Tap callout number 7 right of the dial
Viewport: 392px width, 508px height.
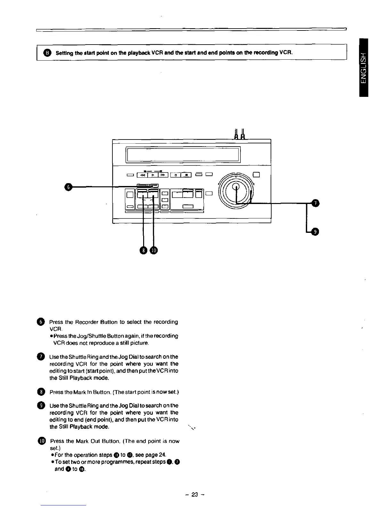tap(315, 203)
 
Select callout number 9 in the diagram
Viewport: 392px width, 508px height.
tap(315, 232)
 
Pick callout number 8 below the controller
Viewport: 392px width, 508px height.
tap(143, 250)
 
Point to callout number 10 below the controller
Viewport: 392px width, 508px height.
tap(154, 250)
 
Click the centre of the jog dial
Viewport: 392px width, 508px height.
tap(236, 189)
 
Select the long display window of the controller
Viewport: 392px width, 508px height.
tap(183, 154)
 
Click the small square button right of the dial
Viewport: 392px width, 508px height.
tap(256, 175)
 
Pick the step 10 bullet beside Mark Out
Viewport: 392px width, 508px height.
tap(42, 441)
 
